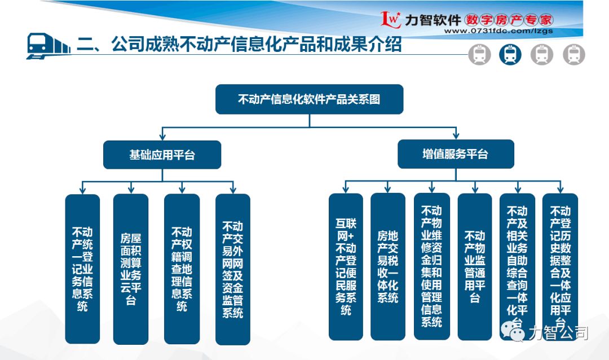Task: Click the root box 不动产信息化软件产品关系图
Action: [x=309, y=99]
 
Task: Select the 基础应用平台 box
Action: [x=162, y=155]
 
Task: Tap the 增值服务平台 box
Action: [x=455, y=154]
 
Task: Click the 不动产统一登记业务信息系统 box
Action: [x=82, y=269]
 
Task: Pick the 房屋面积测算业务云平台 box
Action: [x=131, y=269]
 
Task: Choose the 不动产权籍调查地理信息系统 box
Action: [x=182, y=269]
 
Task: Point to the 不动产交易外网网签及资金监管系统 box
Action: [x=232, y=269]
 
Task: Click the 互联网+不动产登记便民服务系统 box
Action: [x=346, y=266]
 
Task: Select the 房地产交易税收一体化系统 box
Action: [x=387, y=266]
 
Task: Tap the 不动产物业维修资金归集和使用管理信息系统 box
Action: [x=431, y=266]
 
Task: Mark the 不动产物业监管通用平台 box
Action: [x=474, y=266]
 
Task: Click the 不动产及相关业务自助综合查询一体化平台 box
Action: [x=517, y=266]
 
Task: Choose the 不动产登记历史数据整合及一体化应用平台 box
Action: [x=560, y=266]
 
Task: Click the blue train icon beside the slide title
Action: [x=47, y=45]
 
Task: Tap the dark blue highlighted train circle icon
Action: [x=510, y=55]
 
